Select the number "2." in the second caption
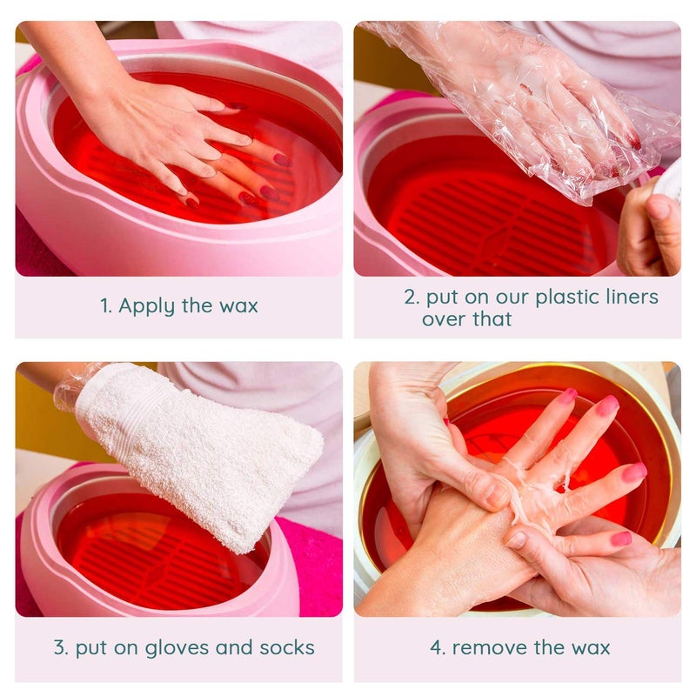[412, 297]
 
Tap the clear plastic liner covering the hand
[522, 113]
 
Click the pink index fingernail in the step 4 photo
[606, 406]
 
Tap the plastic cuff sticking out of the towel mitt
[68, 389]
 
